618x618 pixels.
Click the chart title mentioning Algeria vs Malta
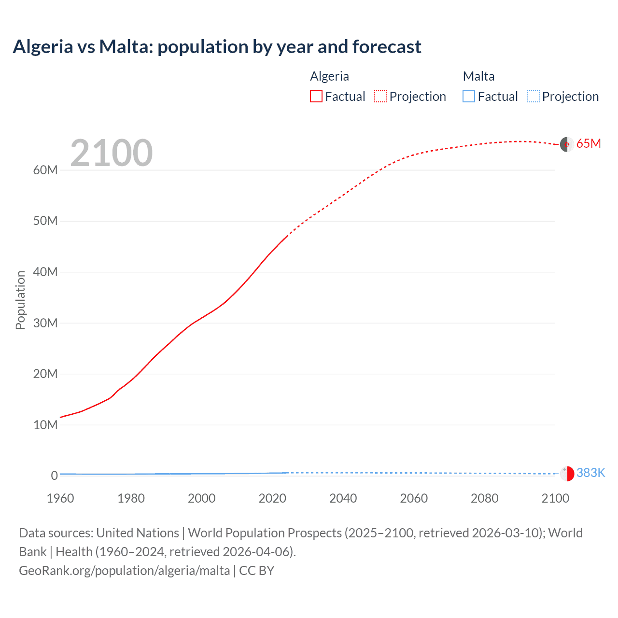coord(217,47)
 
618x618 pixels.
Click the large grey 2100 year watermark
coord(112,153)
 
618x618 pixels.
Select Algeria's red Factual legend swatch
coord(316,97)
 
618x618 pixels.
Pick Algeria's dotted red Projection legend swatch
coord(380,97)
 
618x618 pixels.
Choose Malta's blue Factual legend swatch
coord(469,97)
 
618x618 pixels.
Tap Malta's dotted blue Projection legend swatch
coord(534,97)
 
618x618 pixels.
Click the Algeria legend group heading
coord(329,76)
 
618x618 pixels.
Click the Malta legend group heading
coord(478,76)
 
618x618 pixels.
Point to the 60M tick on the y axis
coord(45,170)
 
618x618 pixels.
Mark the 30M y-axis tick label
coord(45,323)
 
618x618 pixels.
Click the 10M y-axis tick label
coord(45,425)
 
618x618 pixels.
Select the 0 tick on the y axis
coord(54,476)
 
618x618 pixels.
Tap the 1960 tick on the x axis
coord(60,498)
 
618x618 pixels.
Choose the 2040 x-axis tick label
coord(343,498)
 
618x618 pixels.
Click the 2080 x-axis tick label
coord(484,498)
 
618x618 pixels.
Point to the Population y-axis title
coord(20,300)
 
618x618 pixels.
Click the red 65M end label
coord(589,144)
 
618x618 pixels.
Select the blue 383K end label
coord(590,473)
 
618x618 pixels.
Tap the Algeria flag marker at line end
coord(567,144)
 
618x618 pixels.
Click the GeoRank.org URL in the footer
coord(125,571)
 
